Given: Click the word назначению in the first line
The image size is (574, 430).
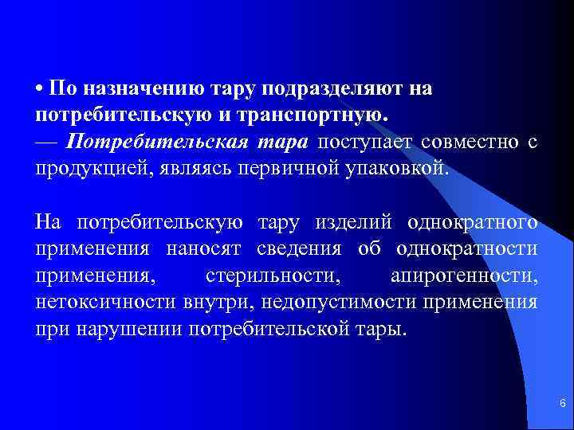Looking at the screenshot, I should click(x=138, y=88).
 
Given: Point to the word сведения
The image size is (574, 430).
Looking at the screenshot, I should click(x=299, y=248).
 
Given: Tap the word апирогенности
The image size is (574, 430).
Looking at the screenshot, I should click(x=463, y=276).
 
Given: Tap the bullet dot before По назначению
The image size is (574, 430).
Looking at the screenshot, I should click(x=39, y=89).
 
